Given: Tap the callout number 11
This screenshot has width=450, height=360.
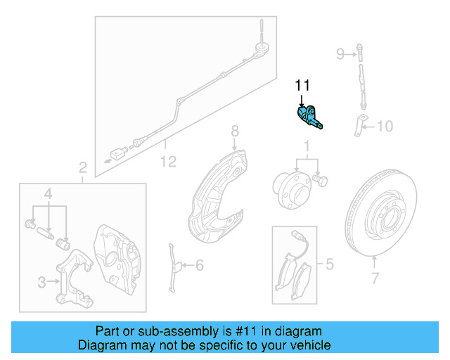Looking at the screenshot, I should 302,86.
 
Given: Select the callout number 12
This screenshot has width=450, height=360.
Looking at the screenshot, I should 167,162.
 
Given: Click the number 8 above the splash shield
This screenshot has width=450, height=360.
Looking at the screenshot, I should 236,131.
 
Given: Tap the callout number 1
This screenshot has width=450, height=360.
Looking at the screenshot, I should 307,147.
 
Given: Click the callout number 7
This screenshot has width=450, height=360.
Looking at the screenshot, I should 375,278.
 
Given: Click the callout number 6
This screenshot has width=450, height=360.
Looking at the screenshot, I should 199,265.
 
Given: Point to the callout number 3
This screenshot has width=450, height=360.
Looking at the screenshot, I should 41,283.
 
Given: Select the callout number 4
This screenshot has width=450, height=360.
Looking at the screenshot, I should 49,193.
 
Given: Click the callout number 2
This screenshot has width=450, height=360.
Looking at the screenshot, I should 82,167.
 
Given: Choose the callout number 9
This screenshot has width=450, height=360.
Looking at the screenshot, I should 340,53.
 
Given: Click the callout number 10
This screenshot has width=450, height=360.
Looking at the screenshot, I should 385,127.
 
